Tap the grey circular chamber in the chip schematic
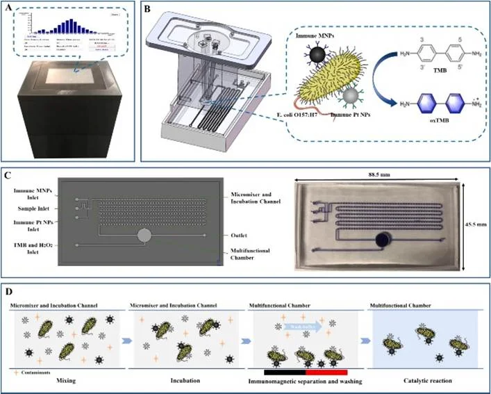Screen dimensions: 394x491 pyautogui.click(x=144, y=236)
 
